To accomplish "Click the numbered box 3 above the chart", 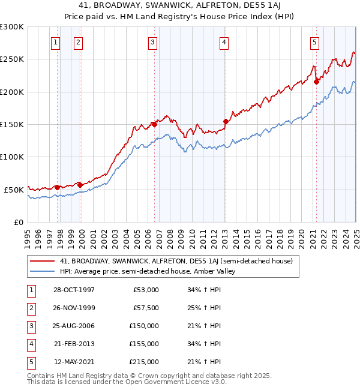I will (153, 42).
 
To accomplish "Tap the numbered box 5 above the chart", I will (314, 42).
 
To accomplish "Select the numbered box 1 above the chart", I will (55, 42).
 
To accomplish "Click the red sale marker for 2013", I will (226, 121).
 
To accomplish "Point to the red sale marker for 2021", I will (316, 82).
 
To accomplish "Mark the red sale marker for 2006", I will (154, 124).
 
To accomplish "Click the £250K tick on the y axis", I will (12, 59).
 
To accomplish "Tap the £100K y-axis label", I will (12, 157).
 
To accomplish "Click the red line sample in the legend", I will (43, 261).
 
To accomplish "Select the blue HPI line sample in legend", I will (43, 271).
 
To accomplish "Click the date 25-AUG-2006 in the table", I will (74, 326).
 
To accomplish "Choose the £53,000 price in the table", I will (146, 290).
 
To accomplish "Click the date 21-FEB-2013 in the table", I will (74, 344).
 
